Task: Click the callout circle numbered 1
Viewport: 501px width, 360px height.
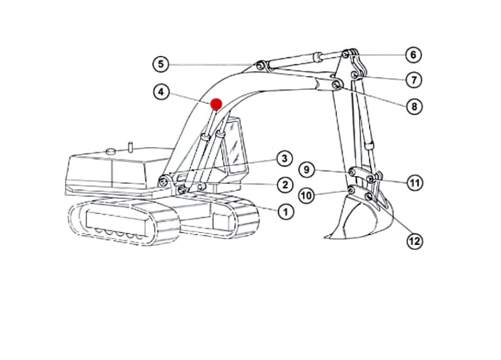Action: (286, 212)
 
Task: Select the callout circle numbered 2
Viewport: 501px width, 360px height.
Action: (285, 184)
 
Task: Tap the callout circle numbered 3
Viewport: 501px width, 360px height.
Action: (285, 159)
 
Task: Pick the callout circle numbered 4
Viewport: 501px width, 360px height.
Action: (161, 92)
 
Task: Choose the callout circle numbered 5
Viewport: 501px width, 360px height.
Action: (161, 64)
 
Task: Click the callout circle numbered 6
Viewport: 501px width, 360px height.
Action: (414, 55)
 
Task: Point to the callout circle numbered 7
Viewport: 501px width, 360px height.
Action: (414, 80)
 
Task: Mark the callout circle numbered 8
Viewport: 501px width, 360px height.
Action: (414, 106)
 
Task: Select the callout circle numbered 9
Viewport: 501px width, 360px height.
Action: (307, 170)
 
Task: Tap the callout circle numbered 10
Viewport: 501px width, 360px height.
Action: (307, 195)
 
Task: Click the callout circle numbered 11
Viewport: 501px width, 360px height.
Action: (415, 183)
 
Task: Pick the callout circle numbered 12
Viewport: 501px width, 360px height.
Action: (415, 241)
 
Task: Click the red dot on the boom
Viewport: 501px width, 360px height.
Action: (216, 104)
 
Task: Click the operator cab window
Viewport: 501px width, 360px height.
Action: (234, 146)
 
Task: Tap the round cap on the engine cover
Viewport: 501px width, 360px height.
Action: (111, 151)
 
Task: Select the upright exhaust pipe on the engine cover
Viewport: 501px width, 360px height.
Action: (130, 147)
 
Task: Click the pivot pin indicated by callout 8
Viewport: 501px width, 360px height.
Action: (336, 85)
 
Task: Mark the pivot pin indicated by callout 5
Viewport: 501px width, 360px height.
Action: (260, 66)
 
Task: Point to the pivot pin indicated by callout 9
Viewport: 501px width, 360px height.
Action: (352, 172)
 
